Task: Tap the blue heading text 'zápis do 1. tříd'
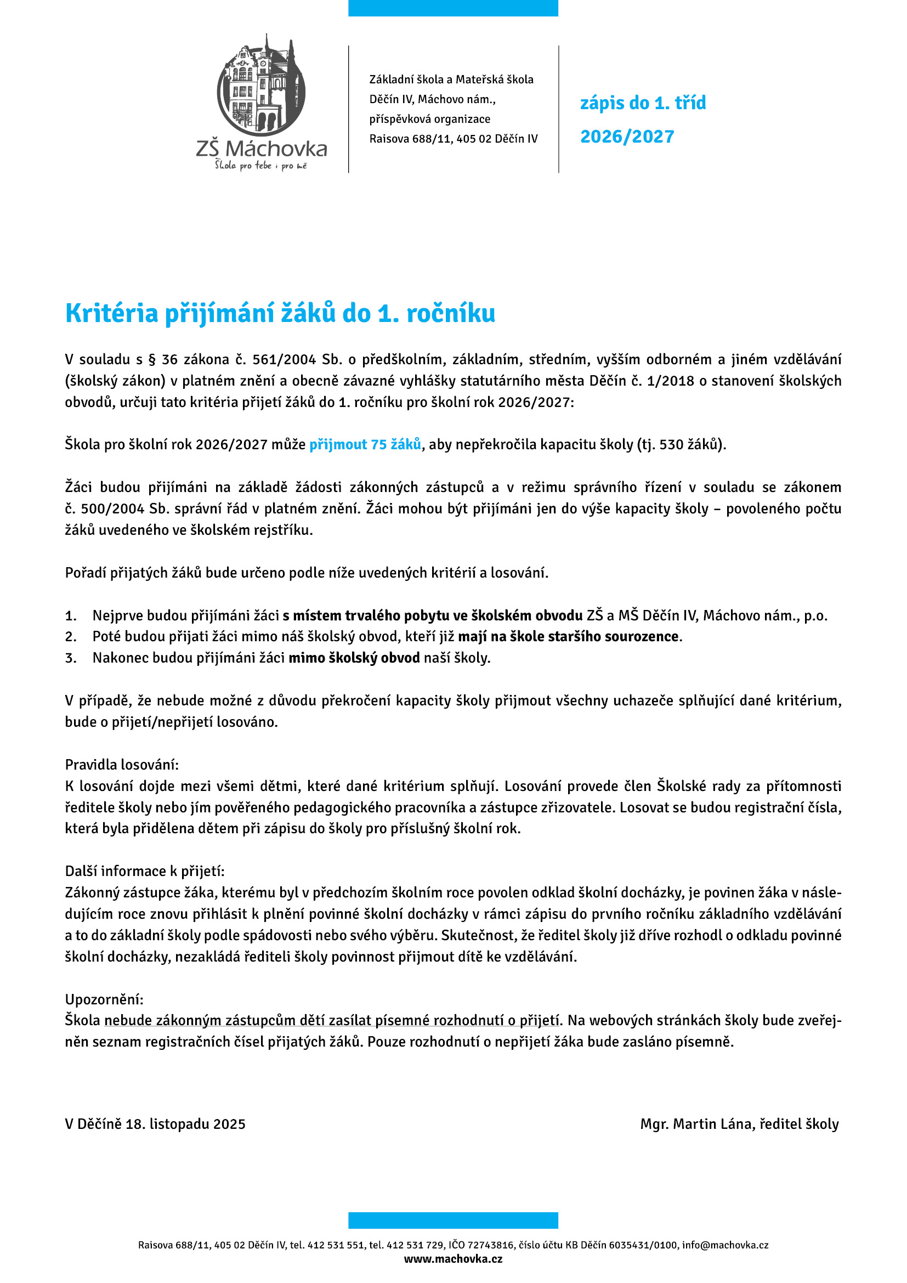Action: pyautogui.click(x=643, y=103)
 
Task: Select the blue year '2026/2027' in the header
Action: pyautogui.click(x=627, y=137)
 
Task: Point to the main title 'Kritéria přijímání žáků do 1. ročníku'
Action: pyautogui.click(x=280, y=313)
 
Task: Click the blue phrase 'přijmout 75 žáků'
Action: pyautogui.click(x=365, y=444)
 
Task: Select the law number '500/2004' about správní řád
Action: pyautogui.click(x=114, y=508)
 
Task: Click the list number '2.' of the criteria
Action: pyautogui.click(x=71, y=636)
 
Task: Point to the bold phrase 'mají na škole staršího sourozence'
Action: pyautogui.click(x=568, y=636)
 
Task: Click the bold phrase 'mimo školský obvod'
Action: pyautogui.click(x=354, y=658)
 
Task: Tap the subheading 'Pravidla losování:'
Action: pyautogui.click(x=122, y=765)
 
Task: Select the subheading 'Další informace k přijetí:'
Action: pyautogui.click(x=145, y=871)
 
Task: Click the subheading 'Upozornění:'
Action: pyautogui.click(x=104, y=999)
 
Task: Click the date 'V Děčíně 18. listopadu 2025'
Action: pyautogui.click(x=155, y=1124)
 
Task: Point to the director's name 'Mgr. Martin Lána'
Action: pyautogui.click(x=700, y=1124)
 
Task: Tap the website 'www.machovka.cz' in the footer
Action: pyautogui.click(x=453, y=1258)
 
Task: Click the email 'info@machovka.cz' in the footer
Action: pyautogui.click(x=725, y=1245)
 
